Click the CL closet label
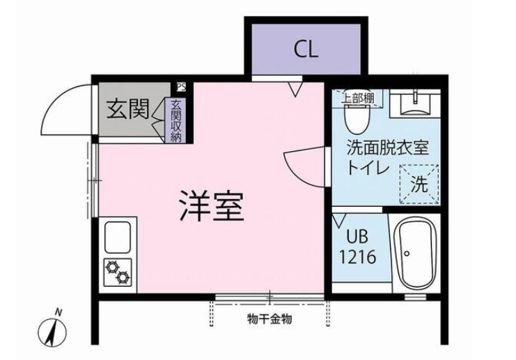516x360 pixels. point(306,50)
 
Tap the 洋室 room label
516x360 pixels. point(212,206)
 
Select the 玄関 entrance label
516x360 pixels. point(127,109)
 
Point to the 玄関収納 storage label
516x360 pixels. point(176,120)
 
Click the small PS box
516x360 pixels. point(181,87)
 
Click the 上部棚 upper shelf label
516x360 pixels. point(359,98)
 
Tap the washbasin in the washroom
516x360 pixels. point(415,103)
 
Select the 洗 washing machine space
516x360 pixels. point(419,185)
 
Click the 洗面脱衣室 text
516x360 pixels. point(389,148)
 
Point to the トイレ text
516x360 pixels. point(368,168)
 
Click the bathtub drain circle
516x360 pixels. point(407,253)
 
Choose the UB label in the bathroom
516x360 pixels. point(357,236)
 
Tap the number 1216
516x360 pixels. point(357,257)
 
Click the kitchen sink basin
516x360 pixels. point(118,237)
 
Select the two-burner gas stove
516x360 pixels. point(118,272)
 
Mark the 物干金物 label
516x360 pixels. point(269,319)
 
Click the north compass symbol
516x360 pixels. point(53,330)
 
